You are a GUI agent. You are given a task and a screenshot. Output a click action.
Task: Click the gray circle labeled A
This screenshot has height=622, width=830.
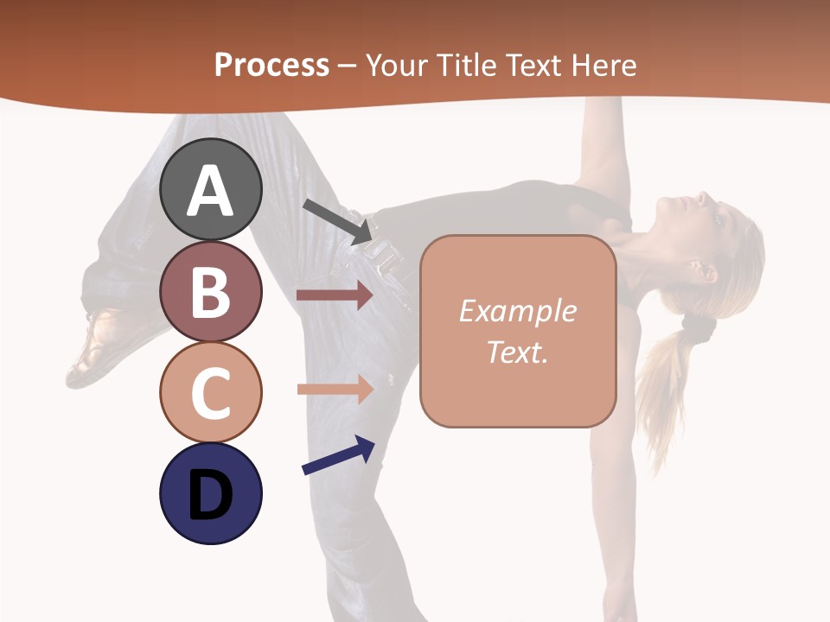pyautogui.click(x=210, y=189)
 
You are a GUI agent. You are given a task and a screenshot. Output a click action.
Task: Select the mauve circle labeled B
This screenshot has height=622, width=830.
pyautogui.click(x=210, y=291)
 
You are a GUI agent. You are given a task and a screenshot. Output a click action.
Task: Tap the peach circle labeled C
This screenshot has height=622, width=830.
pyautogui.click(x=210, y=392)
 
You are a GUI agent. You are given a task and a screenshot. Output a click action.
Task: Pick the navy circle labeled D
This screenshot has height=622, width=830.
pyautogui.click(x=210, y=493)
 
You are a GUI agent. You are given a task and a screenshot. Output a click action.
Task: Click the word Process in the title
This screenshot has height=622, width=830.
pyautogui.click(x=271, y=65)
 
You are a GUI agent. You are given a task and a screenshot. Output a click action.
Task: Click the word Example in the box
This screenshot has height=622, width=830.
pyautogui.click(x=517, y=311)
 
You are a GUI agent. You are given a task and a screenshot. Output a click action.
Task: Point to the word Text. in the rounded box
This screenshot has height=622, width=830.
pyautogui.click(x=517, y=352)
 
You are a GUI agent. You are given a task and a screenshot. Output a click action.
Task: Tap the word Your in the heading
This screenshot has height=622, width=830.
pyautogui.click(x=397, y=65)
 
